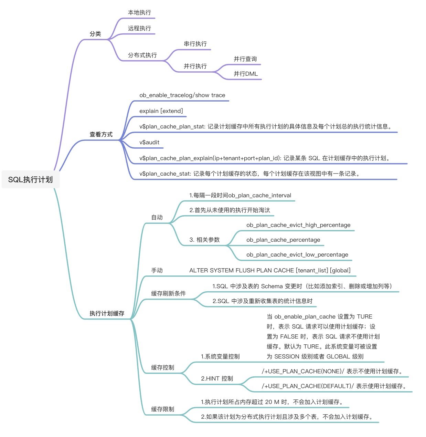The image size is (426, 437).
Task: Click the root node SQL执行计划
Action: (x=30, y=179)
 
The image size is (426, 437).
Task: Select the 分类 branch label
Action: (x=95, y=34)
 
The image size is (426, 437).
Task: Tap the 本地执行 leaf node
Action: (x=139, y=12)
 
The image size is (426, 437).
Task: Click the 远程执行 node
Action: (x=139, y=28)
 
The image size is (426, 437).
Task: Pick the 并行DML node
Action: (x=245, y=74)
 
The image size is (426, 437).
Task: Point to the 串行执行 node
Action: (x=195, y=44)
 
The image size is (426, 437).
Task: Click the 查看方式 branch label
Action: (x=101, y=134)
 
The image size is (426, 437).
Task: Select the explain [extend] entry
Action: (x=161, y=111)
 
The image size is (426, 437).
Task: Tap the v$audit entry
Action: (x=149, y=142)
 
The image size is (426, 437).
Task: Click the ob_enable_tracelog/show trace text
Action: (x=182, y=95)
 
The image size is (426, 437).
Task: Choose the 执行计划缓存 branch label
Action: (x=107, y=313)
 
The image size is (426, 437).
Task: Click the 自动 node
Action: (x=157, y=217)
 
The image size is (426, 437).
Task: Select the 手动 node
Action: (x=157, y=270)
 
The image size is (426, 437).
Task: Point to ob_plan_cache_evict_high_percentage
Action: (x=298, y=225)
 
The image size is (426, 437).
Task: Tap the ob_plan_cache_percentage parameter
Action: (x=283, y=240)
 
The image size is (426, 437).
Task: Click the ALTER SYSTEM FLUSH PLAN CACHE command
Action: (x=270, y=270)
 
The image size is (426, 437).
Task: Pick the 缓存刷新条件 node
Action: (x=169, y=293)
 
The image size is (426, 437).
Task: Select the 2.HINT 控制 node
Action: (x=217, y=378)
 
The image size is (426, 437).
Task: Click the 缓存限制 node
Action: (x=163, y=409)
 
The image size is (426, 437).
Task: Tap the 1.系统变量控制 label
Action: (x=220, y=356)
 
